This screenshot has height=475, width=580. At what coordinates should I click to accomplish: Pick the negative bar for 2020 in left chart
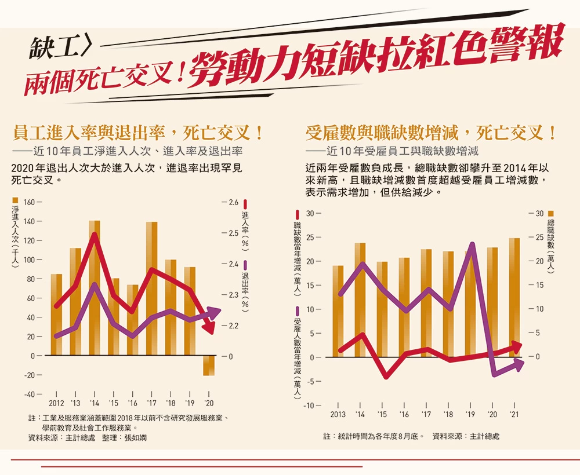click(208, 366)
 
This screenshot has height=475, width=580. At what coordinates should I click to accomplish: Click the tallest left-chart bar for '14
click(94, 288)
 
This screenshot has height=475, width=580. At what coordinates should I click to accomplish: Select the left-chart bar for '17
click(151, 288)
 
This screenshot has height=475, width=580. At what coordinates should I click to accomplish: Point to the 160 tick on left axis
click(30, 202)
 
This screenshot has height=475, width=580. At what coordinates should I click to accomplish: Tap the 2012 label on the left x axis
click(56, 403)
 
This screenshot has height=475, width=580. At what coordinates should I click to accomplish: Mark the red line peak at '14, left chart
click(94, 234)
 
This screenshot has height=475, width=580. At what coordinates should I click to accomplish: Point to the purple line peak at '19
click(471, 244)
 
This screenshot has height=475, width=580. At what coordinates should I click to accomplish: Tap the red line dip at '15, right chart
click(383, 377)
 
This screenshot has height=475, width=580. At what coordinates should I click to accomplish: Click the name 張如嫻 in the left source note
click(136, 438)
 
